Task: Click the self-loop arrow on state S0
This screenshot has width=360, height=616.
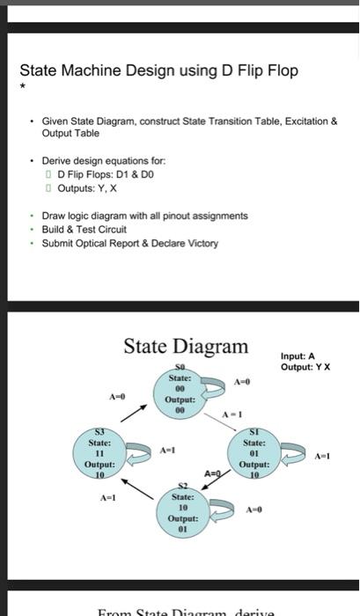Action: pyautogui.click(x=221, y=392)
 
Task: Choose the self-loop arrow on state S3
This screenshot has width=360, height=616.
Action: pyautogui.click(x=135, y=454)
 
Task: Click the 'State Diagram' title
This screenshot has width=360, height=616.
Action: pyautogui.click(x=186, y=346)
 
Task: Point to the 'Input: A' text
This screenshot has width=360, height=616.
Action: pyautogui.click(x=298, y=356)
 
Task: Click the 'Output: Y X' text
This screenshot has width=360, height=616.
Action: pyautogui.click(x=305, y=367)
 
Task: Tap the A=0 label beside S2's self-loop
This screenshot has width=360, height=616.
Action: pyautogui.click(x=254, y=510)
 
